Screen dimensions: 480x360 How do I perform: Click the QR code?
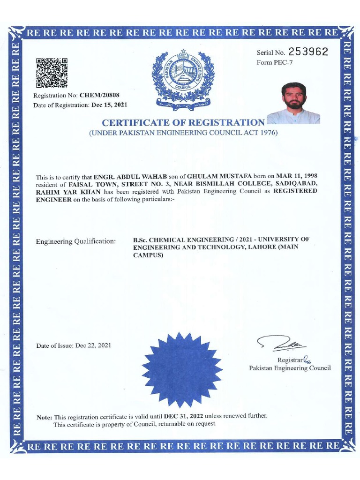point(52,73)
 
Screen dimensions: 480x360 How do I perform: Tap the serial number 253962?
point(308,52)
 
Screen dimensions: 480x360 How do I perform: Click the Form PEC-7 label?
point(274,63)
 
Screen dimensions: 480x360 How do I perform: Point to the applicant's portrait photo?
point(294,104)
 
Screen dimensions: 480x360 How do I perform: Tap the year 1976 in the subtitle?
point(269,133)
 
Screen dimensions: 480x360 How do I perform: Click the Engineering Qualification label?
point(75,241)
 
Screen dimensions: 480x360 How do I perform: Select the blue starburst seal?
point(182,370)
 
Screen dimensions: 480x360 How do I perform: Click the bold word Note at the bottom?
point(45,417)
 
